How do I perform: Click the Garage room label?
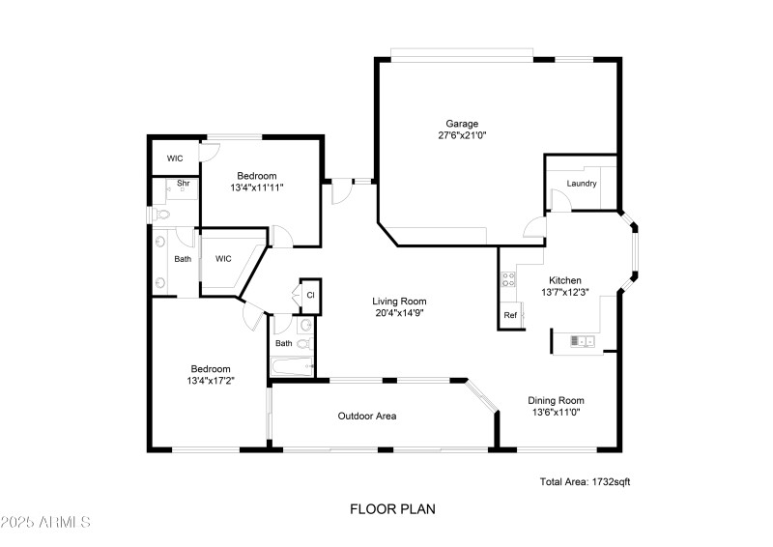coord(461,124)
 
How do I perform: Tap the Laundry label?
coord(581,184)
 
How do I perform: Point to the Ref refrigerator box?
coord(509,316)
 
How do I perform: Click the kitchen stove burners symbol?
coord(509,282)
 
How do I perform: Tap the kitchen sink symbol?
coord(582,340)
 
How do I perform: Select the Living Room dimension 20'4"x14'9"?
coord(399,313)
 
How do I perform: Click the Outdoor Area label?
coord(366,417)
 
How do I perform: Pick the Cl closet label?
coord(310,295)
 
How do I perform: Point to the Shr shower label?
coord(182,183)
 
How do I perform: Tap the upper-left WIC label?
coord(175,158)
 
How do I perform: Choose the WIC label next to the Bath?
coord(223,259)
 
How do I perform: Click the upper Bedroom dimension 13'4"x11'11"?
coord(257,187)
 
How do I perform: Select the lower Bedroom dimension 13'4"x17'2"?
coord(210,381)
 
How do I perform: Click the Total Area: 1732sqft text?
coord(585,480)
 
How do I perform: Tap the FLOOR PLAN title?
coord(386,507)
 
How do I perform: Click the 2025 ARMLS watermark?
coord(45,523)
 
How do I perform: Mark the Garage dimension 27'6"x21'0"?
coord(461,136)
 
